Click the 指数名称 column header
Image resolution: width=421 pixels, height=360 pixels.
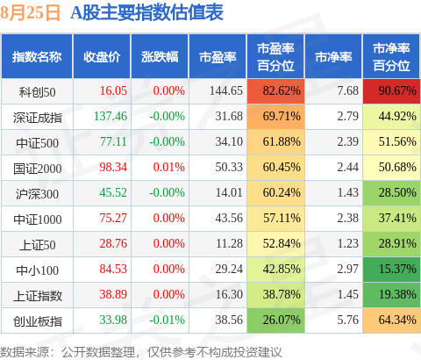[37, 57]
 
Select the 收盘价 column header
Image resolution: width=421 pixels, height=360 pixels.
[102, 57]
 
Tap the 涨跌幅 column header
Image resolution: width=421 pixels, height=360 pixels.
[160, 57]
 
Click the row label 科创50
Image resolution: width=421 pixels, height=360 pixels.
[37, 92]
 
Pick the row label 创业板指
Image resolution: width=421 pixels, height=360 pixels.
[38, 321]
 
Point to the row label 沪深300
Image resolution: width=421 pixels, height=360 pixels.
[37, 194]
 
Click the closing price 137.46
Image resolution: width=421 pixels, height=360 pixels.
[111, 116]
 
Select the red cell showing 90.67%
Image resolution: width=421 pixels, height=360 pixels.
[392, 91]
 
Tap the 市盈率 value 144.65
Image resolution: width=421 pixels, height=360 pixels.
[226, 90]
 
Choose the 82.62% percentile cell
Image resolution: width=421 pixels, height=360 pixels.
[275, 91]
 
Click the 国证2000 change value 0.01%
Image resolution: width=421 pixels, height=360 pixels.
[169, 167]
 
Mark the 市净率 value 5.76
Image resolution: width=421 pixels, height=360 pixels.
[347, 320]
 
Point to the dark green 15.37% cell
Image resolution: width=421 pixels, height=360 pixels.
[392, 270]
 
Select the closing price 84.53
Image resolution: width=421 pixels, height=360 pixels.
[113, 269]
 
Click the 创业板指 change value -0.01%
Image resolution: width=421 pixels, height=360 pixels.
[167, 320]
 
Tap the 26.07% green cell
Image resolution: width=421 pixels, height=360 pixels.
[275, 320]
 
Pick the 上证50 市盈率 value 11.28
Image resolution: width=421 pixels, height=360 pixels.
[229, 243]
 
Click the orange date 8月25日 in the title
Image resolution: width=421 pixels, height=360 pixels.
[30, 13]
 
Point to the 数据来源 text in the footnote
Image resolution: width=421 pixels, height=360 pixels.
[25, 352]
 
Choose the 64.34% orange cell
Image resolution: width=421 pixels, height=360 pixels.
[392, 320]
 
